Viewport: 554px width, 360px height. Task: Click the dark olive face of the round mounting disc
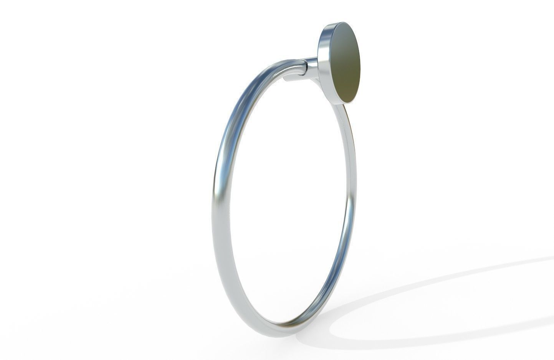pyautogui.click(x=344, y=64)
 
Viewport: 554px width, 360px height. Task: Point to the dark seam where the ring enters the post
pyautogui.click(x=306, y=68)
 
